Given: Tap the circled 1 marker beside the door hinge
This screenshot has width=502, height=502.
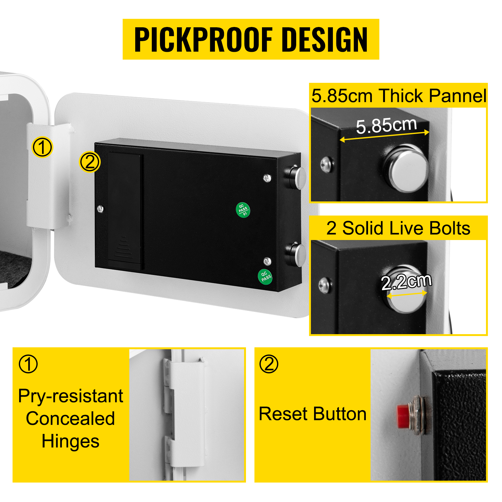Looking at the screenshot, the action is (x=42, y=147).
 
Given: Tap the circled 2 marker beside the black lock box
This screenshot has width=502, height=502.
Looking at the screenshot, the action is (x=90, y=162).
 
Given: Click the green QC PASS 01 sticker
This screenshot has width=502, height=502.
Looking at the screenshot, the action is (x=243, y=210).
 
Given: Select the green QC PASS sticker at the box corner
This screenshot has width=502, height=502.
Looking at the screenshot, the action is (x=265, y=277).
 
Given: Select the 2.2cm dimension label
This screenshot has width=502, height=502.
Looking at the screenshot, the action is (x=406, y=281).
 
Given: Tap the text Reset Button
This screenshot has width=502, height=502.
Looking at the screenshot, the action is (x=313, y=414).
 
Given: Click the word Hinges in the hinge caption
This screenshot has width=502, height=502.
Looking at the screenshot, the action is (x=71, y=441).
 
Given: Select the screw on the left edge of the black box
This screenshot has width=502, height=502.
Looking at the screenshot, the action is (x=100, y=208).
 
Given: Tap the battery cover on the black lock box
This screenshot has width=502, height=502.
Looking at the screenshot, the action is (x=125, y=211).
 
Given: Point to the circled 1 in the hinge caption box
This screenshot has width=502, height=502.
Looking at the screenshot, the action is (x=28, y=364).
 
